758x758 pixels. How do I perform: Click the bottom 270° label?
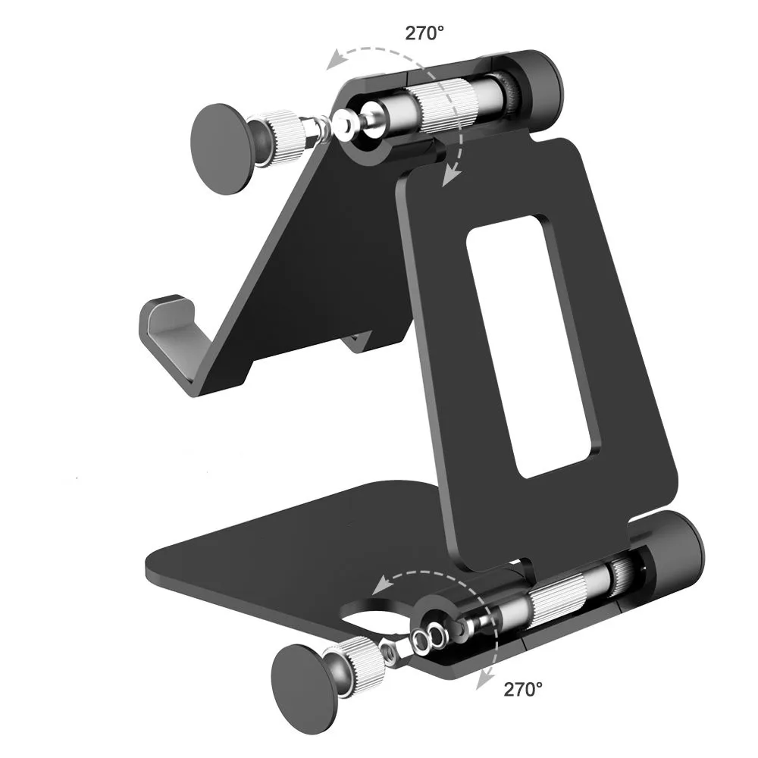click(523, 689)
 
